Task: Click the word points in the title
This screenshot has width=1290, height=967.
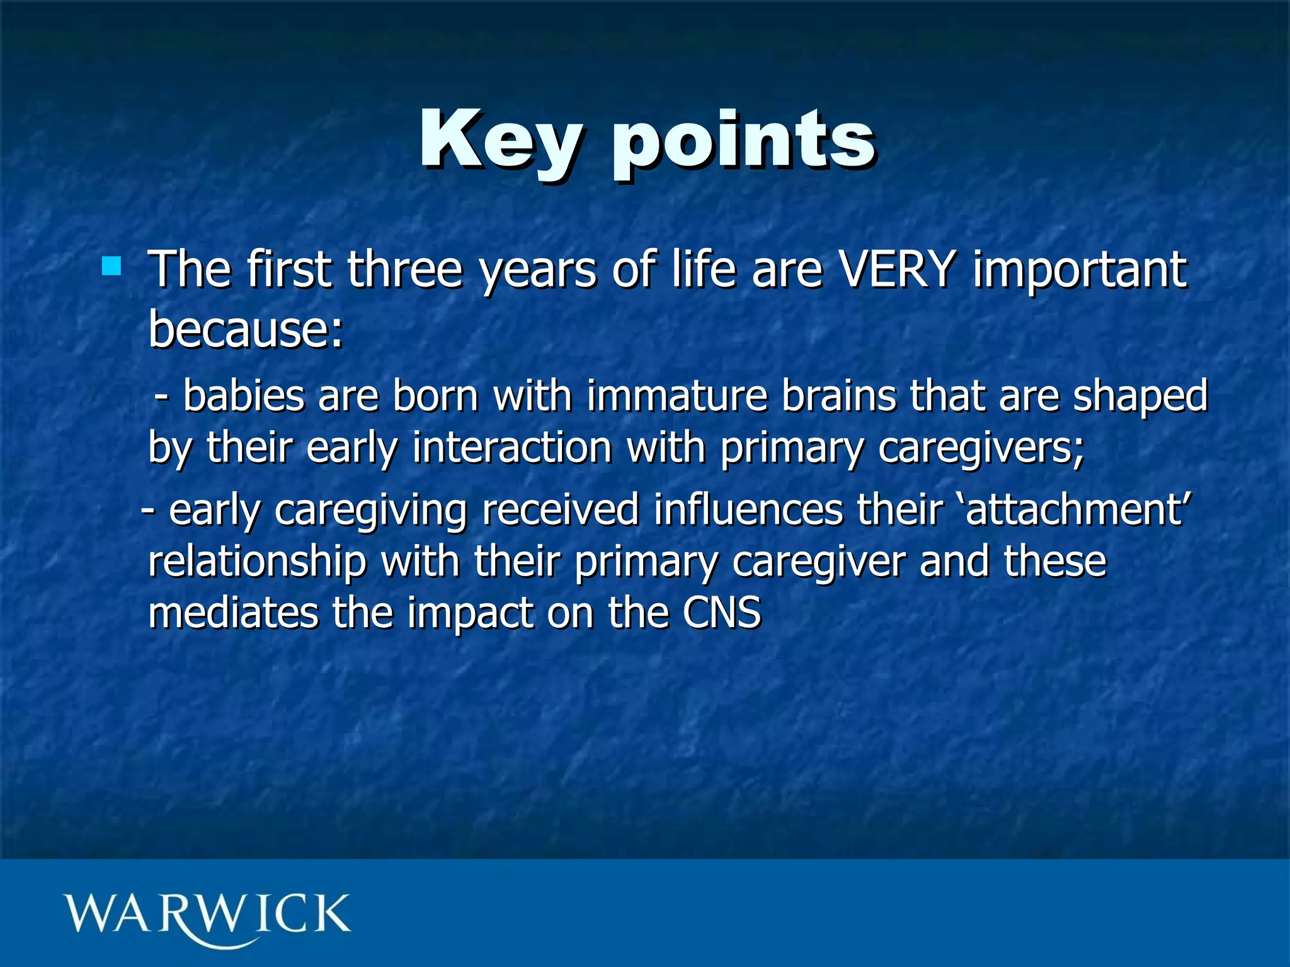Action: (x=743, y=142)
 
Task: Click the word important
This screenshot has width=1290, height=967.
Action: (x=1080, y=271)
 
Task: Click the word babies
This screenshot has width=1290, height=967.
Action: (x=244, y=397)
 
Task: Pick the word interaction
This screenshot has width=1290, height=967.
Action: (x=512, y=448)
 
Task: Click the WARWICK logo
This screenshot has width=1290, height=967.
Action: (x=207, y=916)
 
